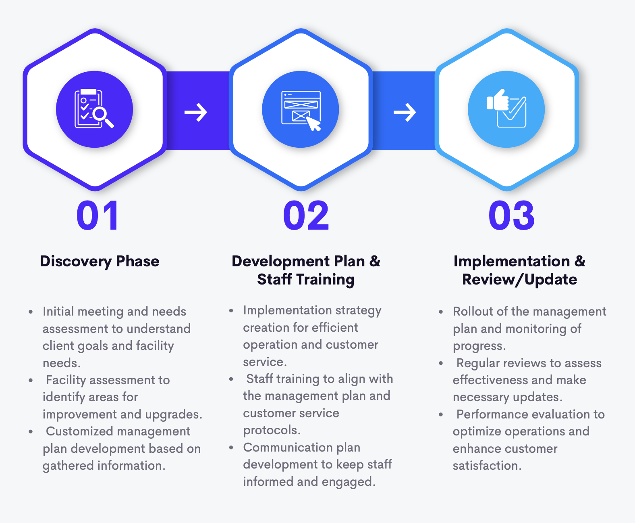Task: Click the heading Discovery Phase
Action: coord(100,261)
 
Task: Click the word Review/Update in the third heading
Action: coord(519,279)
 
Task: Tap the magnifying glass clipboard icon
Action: coord(94,109)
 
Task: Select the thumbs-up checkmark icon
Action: coord(506,109)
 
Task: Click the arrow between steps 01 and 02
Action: coord(196,112)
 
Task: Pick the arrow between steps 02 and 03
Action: coord(405,112)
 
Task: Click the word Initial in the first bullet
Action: coord(58,312)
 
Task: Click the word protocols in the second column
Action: coord(271,431)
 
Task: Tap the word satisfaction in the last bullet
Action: coord(486,466)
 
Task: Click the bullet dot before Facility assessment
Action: coord(31,380)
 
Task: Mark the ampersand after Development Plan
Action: coord(375,261)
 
